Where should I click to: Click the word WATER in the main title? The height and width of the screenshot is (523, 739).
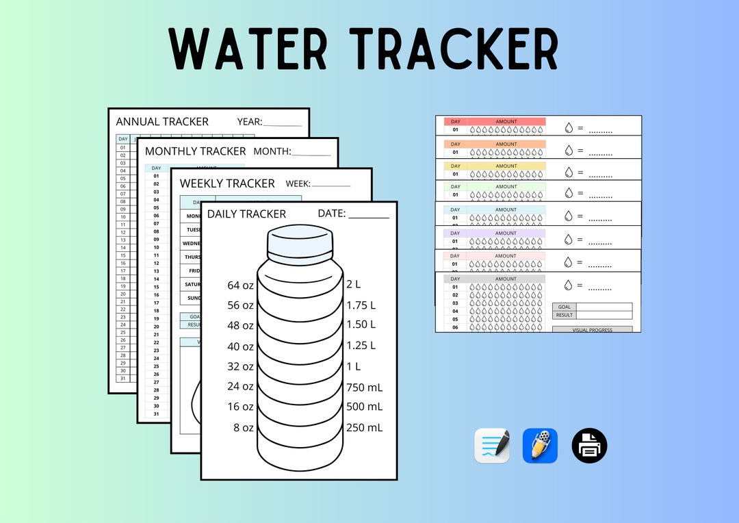(248, 50)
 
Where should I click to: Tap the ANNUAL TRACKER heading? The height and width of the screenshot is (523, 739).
(162, 122)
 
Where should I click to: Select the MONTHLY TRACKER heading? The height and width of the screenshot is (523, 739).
(195, 151)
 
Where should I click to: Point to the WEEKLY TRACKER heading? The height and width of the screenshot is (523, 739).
(227, 183)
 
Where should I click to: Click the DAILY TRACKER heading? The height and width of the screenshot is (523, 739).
(246, 214)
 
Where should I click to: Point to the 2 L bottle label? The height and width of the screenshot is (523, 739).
(353, 284)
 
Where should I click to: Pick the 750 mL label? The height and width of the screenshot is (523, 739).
(364, 387)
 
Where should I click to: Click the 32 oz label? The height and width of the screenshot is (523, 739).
(240, 366)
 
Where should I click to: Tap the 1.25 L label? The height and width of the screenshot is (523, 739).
(361, 345)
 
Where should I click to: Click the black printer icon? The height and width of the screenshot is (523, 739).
(589, 446)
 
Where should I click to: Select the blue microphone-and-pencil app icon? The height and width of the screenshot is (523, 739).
(540, 446)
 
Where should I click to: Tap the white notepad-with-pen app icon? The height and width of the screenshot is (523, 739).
(492, 446)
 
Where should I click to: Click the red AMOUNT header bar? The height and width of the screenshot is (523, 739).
(506, 122)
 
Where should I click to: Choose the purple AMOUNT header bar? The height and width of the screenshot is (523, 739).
(506, 233)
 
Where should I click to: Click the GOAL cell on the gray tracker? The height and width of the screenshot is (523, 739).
(564, 307)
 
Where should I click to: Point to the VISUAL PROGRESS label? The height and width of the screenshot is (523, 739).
(593, 330)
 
